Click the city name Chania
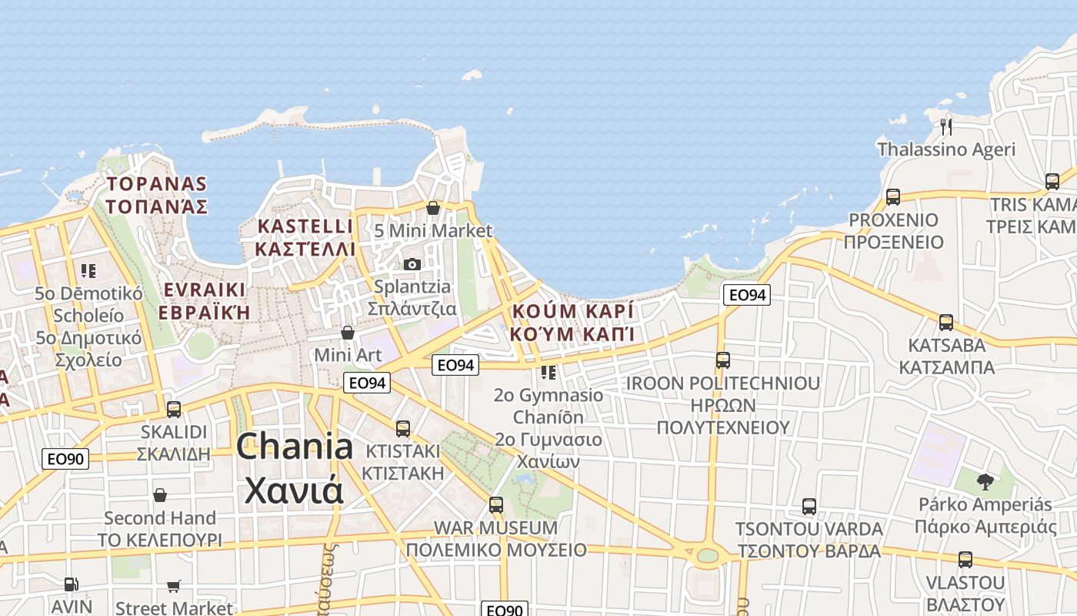(295, 447)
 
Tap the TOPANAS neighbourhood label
(157, 184)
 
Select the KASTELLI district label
(305, 226)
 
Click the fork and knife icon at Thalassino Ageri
(946, 126)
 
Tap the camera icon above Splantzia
(412, 264)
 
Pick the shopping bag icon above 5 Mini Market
(432, 208)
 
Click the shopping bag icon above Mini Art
(348, 333)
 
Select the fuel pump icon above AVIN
(71, 584)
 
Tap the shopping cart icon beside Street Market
(174, 587)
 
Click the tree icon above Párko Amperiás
(985, 483)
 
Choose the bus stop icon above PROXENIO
(892, 197)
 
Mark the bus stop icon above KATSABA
(946, 323)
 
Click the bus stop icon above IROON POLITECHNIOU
(722, 360)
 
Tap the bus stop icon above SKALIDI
(174, 410)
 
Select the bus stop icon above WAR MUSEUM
(496, 506)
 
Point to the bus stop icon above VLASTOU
(965, 560)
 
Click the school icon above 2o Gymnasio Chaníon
(549, 373)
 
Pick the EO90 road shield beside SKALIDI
(65, 459)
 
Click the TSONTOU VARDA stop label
(809, 529)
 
